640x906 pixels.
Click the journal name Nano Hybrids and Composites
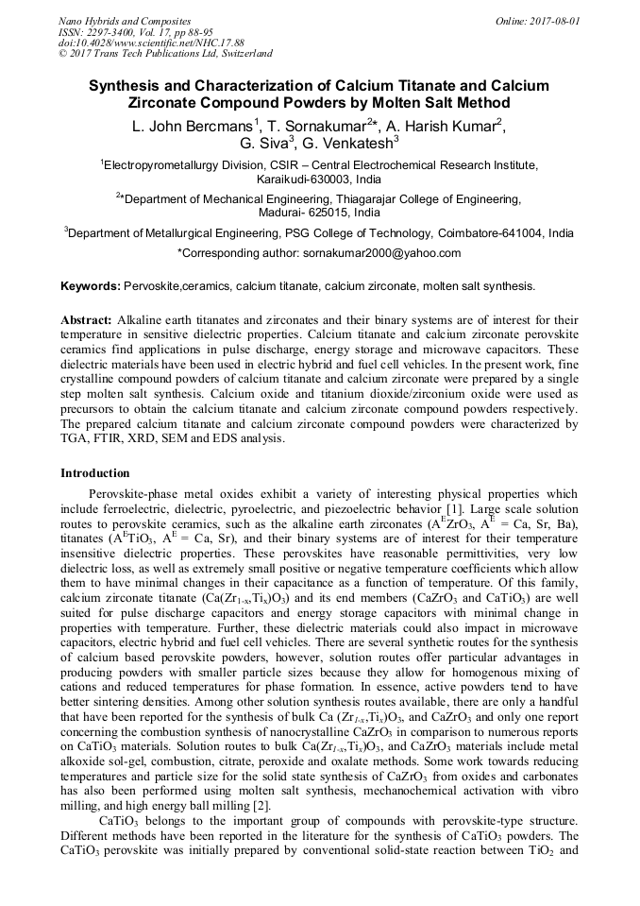pos(125,21)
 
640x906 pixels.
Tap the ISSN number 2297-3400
pos(113,32)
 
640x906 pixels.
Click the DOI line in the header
pos(151,43)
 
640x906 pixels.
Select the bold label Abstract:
pos(87,320)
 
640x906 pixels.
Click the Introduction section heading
pos(95,472)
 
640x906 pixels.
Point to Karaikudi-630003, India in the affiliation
pos(319,178)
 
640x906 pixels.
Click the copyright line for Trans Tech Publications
pos(165,55)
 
